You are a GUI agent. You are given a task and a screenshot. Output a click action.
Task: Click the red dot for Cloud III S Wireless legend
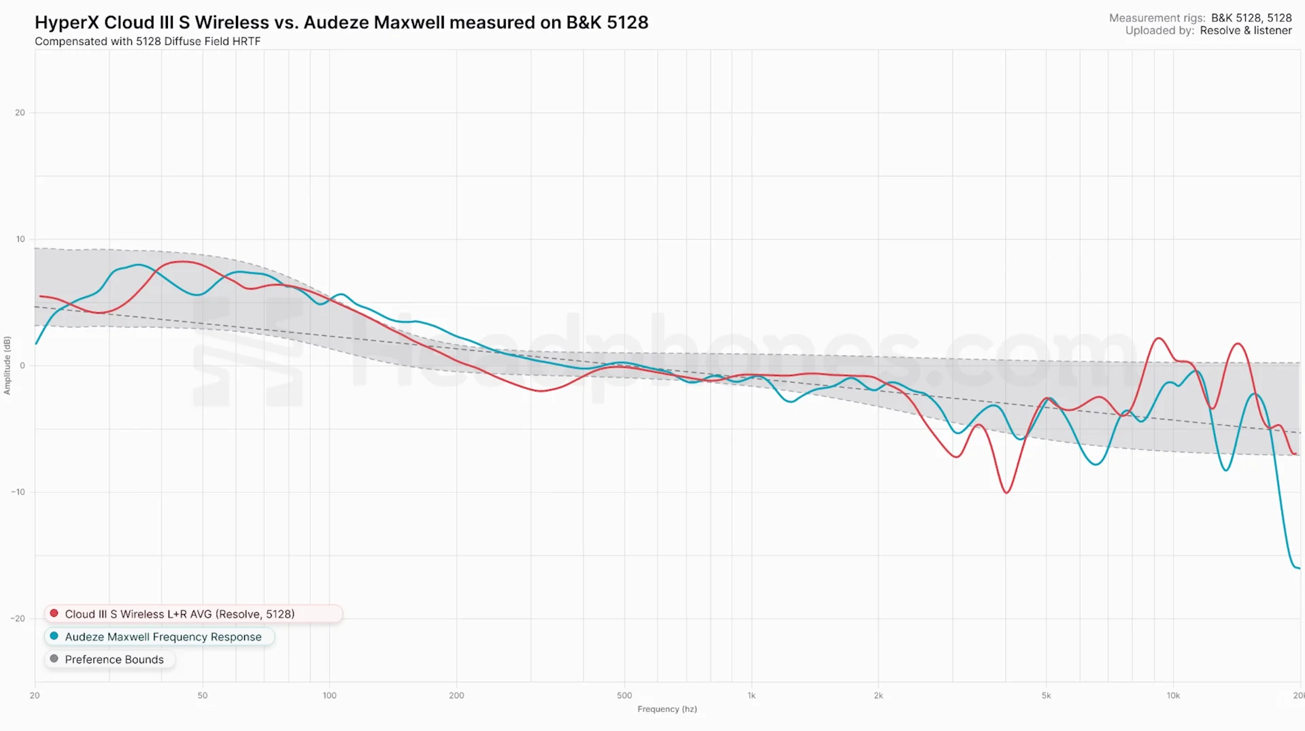click(x=54, y=613)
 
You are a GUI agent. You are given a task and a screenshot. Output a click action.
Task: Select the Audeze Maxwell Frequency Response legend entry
click(x=163, y=637)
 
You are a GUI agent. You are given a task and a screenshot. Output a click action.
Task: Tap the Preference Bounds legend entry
click(x=114, y=660)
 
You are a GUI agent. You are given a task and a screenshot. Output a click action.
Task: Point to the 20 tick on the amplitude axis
click(x=20, y=113)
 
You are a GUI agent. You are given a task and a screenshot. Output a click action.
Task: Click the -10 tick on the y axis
click(x=18, y=492)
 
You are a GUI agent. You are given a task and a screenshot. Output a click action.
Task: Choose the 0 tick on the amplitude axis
click(x=22, y=366)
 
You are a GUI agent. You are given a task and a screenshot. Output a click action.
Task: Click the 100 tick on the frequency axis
click(x=329, y=696)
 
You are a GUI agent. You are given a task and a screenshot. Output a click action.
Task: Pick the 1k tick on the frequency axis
click(x=751, y=696)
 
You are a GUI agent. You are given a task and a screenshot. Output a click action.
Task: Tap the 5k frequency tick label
click(x=1046, y=696)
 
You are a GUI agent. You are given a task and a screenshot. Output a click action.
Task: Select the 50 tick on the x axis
click(x=202, y=696)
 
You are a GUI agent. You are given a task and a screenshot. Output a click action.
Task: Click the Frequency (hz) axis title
click(x=666, y=709)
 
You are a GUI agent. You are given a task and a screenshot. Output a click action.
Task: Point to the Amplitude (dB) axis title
click(x=7, y=365)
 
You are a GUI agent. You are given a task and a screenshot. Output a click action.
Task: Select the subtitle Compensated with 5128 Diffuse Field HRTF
click(x=148, y=41)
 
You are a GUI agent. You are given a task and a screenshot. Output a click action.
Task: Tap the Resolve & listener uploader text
click(x=1245, y=31)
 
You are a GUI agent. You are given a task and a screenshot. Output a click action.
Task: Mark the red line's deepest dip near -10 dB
click(x=1006, y=492)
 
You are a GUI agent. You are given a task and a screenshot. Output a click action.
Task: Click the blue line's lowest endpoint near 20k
click(x=1298, y=568)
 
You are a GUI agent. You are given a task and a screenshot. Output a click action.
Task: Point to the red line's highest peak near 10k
click(x=1159, y=338)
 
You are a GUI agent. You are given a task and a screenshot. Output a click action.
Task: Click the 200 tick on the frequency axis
click(x=456, y=696)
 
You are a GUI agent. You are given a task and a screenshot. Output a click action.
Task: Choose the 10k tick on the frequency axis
click(x=1173, y=696)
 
